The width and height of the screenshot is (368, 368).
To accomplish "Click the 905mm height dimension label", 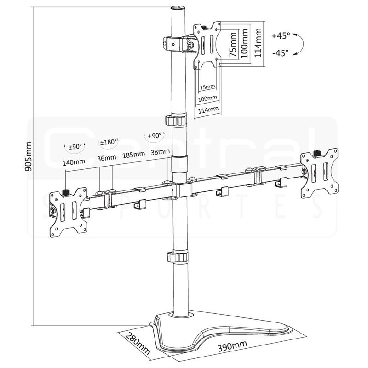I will point(29,156).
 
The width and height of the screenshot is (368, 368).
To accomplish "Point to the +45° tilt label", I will point(281,35).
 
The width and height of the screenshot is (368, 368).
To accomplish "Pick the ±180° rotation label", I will point(109,142).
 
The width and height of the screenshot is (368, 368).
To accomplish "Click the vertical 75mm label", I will point(233,44).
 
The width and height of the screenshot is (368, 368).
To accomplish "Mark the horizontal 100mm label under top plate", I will point(207,98).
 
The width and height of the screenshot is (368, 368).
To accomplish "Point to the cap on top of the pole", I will point(177,9).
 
